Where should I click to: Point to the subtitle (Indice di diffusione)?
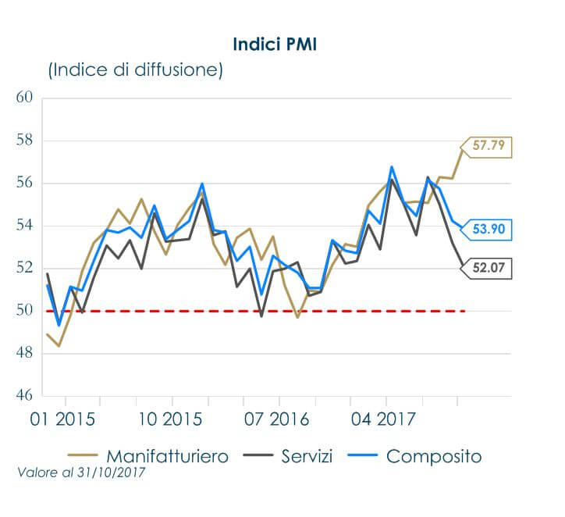136,70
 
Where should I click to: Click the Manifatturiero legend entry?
153,455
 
